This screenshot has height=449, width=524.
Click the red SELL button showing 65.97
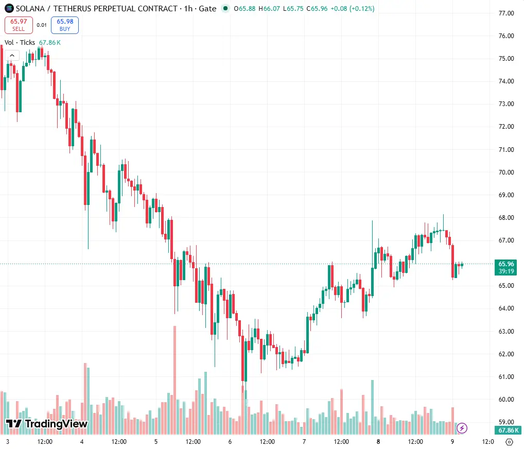pos(19,25)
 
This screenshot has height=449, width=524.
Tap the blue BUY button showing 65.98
pos(65,25)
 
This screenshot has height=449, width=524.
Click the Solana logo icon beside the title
pos(9,8)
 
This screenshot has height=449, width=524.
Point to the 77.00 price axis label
pos(506,13)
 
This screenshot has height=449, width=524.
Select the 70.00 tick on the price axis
pos(506,172)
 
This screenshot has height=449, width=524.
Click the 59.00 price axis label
pos(506,422)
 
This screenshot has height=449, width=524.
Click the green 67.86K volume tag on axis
pos(508,430)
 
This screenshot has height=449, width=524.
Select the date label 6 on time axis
pos(230,442)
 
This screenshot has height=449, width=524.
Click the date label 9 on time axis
pos(452,442)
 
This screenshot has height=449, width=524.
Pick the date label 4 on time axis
pos(82,442)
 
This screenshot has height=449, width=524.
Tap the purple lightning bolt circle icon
pos(462,428)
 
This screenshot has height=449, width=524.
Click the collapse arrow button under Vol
pos(12,56)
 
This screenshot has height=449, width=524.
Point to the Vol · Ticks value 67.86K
pos(50,42)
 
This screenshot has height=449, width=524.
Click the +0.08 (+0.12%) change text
pos(352,8)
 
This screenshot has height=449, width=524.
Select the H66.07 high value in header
pos(269,8)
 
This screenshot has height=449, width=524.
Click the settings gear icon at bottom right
pos(509,442)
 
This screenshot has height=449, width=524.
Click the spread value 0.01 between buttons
pos(42,25)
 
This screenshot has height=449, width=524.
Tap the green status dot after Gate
pos(225,8)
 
